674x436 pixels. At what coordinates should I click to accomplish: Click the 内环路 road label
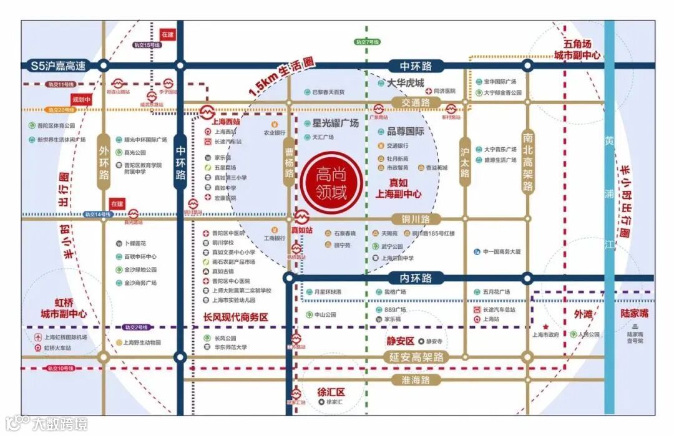coord(410,278)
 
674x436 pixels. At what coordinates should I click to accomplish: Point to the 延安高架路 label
coord(417,357)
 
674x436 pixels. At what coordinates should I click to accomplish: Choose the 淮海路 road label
coord(417,379)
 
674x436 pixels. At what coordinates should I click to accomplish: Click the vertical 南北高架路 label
coord(528,162)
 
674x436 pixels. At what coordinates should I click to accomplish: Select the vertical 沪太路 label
coord(464,162)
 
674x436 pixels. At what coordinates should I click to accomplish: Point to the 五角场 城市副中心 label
coord(577,50)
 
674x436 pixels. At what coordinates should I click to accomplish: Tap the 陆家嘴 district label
coord(635,313)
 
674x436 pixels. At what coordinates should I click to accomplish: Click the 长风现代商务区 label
coord(235,317)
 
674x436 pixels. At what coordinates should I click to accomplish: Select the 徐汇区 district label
coord(331,392)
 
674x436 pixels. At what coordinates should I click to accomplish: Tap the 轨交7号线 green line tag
coord(367,41)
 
